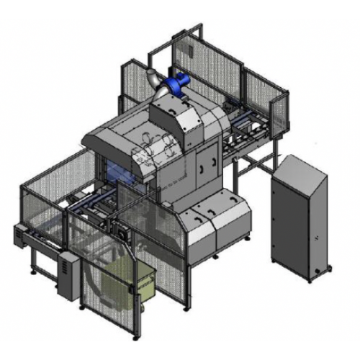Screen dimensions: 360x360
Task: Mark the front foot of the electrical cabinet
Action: point(311,276)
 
